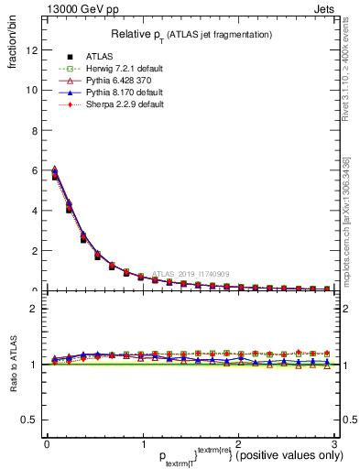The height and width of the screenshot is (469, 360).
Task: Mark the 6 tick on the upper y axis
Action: pyautogui.click(x=33, y=170)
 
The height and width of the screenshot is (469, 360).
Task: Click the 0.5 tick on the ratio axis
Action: pyautogui.click(x=28, y=420)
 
